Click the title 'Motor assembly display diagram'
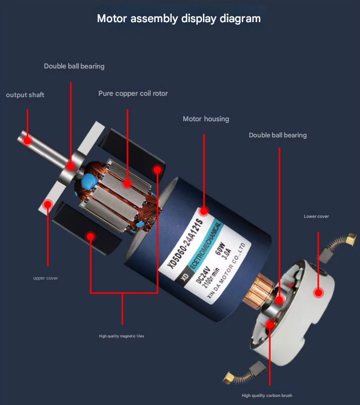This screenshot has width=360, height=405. coord(179,19)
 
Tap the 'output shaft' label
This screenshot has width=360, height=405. coord(25,95)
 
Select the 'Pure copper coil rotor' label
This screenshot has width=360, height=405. coord(133,93)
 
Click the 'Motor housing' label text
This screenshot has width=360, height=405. coord(206,119)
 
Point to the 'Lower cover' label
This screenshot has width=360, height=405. coord(316,216)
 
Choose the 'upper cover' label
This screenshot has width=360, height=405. coord(45,278)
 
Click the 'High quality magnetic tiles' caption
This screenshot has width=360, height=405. coord(121,336)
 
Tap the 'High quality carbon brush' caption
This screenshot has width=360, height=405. coord(267,395)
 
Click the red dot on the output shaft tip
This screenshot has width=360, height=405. coord(27,141)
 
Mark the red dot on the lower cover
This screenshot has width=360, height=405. coord(318,293)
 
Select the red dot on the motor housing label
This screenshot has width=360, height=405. coord(204,211)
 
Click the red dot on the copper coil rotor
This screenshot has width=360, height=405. coord(127,184)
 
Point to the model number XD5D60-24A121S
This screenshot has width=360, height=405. coord(184,243)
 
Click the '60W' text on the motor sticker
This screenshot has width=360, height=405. coord(220,249)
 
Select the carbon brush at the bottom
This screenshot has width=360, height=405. coord(245,373)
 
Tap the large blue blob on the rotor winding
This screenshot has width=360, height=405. coord(89,182)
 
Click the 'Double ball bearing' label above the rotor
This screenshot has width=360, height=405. coord(74,66)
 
